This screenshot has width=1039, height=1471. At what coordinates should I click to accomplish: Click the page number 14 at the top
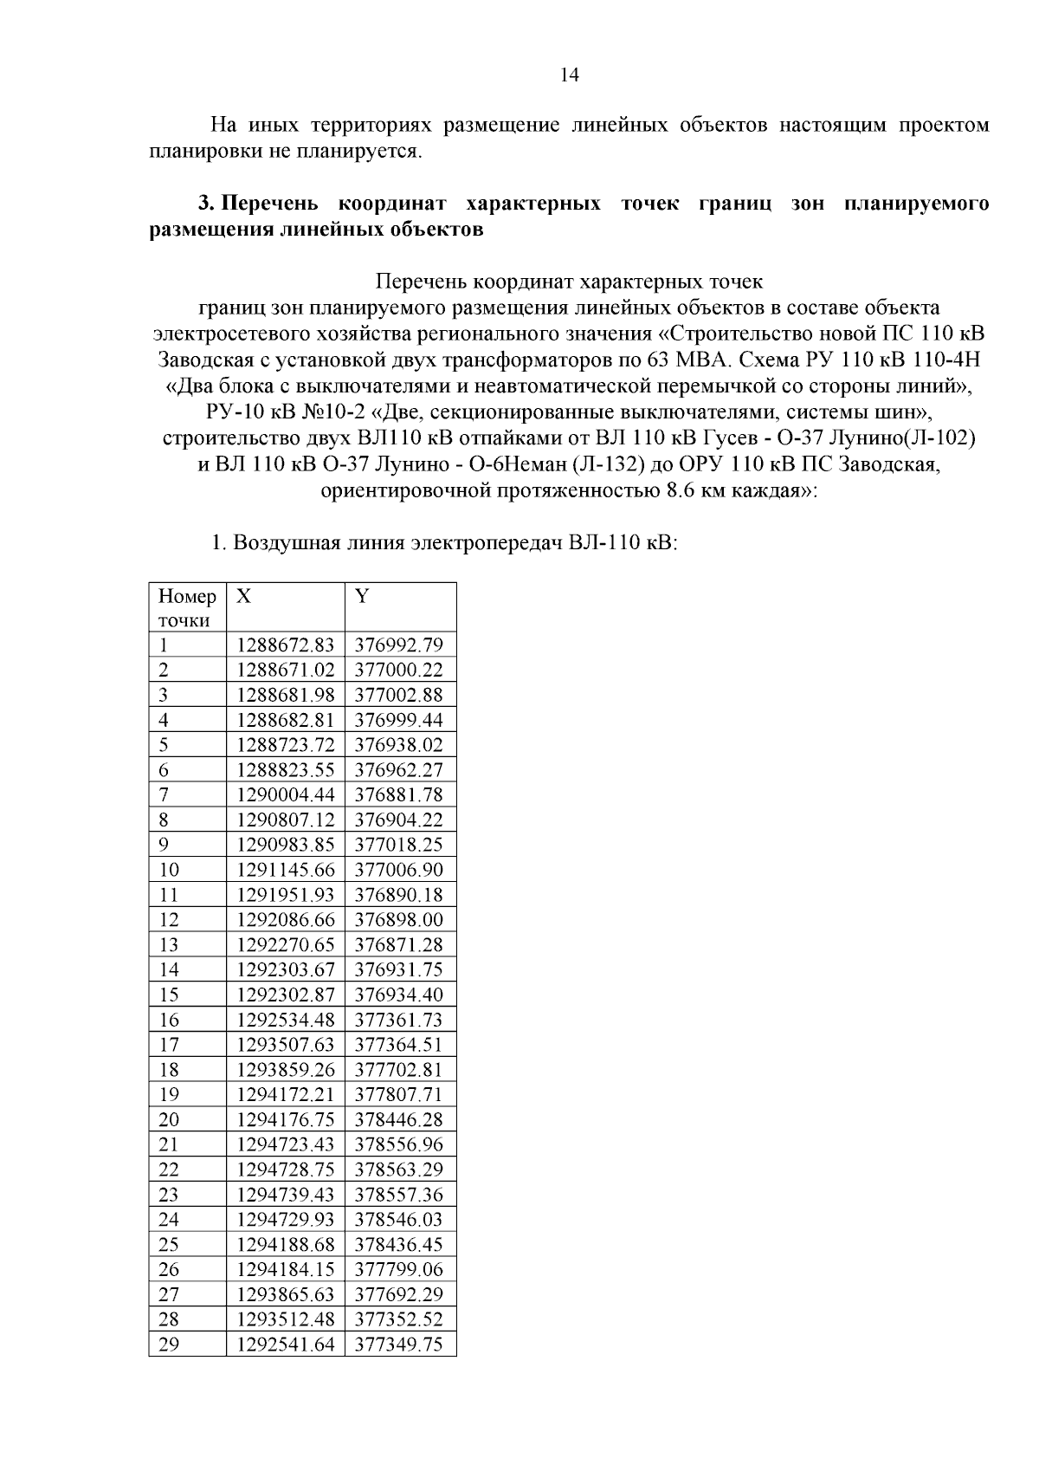pyautogui.click(x=569, y=75)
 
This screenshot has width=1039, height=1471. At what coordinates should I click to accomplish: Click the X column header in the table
pyautogui.click(x=244, y=596)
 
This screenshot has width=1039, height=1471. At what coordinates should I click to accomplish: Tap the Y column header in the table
pyautogui.click(x=362, y=596)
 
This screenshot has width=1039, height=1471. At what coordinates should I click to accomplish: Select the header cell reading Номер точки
pyautogui.click(x=186, y=607)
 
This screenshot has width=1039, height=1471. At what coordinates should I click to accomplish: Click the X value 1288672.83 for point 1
pyautogui.click(x=285, y=645)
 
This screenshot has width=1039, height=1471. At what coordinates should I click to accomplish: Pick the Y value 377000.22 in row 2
pyautogui.click(x=399, y=670)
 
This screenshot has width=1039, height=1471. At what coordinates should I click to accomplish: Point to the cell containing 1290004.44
pyautogui.click(x=285, y=794)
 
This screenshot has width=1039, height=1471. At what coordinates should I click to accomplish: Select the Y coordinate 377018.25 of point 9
pyautogui.click(x=399, y=845)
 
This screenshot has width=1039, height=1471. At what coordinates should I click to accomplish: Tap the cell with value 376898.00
pyautogui.click(x=399, y=919)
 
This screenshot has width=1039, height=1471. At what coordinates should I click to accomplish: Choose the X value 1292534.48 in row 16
pyautogui.click(x=285, y=1020)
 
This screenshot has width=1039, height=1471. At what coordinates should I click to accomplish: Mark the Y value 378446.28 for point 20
pyautogui.click(x=399, y=1119)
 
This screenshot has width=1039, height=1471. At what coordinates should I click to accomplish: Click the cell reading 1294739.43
pyautogui.click(x=285, y=1195)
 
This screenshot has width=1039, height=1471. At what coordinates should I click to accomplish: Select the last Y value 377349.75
pyautogui.click(x=399, y=1345)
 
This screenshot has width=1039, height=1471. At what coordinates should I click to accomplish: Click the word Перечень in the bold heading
pyautogui.click(x=271, y=204)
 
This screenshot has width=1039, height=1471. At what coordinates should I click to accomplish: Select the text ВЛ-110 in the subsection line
pyautogui.click(x=594, y=544)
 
